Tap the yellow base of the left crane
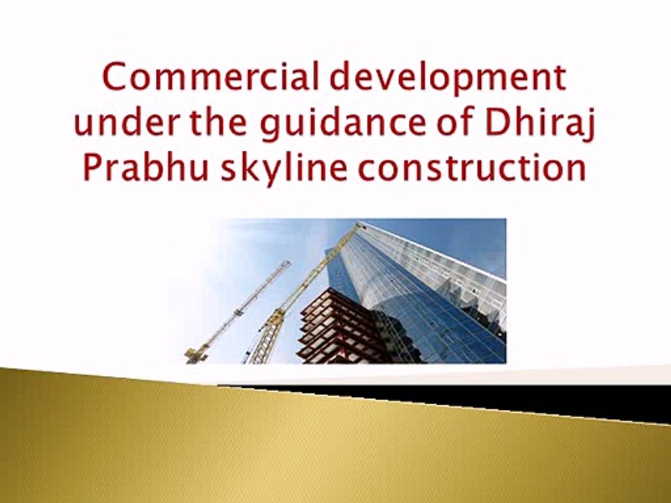coord(196,354)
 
